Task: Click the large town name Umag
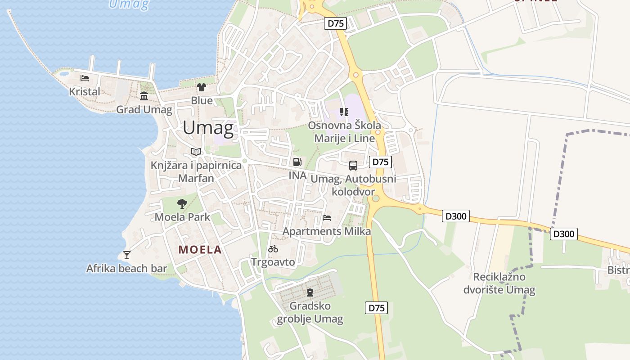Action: click(x=208, y=128)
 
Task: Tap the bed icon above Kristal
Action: click(x=85, y=78)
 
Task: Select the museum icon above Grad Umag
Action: click(x=144, y=96)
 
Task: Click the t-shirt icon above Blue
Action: click(x=201, y=87)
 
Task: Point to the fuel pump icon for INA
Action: click(x=297, y=162)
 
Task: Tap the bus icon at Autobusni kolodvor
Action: click(x=353, y=165)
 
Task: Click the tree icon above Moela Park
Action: click(x=182, y=204)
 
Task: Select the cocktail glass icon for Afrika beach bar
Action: click(x=127, y=255)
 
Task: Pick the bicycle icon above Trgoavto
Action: click(x=273, y=249)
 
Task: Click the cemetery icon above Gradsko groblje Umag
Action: click(x=310, y=292)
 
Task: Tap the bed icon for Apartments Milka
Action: click(x=327, y=218)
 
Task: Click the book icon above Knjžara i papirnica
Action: click(x=196, y=152)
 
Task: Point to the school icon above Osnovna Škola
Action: click(x=344, y=112)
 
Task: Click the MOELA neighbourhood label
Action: click(x=200, y=250)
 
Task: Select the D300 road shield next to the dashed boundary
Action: click(x=564, y=234)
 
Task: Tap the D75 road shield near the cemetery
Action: click(x=376, y=308)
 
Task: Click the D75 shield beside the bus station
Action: click(x=380, y=162)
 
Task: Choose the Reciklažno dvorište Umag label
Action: click(x=499, y=283)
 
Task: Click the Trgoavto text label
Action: click(x=273, y=262)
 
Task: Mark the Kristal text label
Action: click(x=85, y=91)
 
